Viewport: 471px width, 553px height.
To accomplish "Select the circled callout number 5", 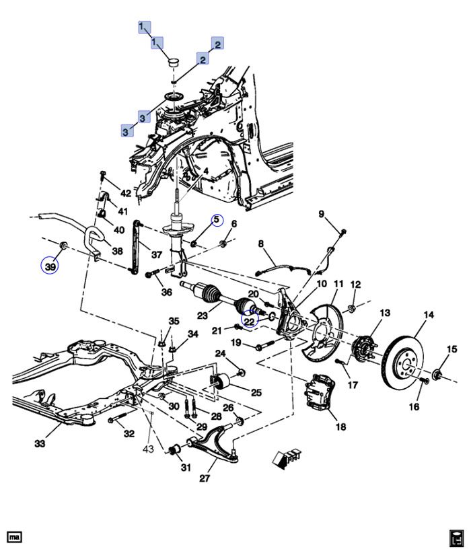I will (217, 220).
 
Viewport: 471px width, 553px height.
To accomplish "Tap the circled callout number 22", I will (250, 322).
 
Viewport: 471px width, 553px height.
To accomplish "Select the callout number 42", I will (125, 193).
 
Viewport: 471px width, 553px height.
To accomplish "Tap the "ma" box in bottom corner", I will (14, 537).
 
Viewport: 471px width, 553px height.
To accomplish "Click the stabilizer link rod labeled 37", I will (139, 246).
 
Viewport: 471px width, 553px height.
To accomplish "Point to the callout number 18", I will (340, 427).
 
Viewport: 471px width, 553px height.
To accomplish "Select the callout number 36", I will (166, 292).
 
